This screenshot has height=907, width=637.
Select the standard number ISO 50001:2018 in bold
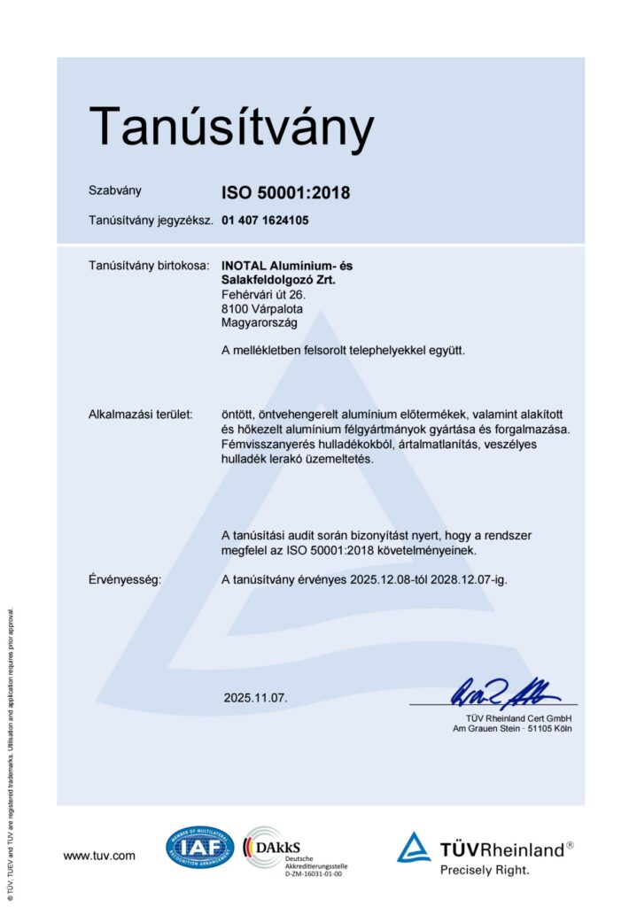click(285, 191)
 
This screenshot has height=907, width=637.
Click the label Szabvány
click(114, 190)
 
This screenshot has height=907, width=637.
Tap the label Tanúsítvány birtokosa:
click(149, 265)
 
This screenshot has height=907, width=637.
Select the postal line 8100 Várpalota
click(262, 309)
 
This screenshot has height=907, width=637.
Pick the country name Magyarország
click(260, 323)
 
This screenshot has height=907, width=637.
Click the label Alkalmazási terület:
click(142, 415)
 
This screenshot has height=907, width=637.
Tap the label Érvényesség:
click(124, 580)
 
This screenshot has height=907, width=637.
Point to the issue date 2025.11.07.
click(256, 698)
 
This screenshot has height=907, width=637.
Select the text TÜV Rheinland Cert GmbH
click(518, 717)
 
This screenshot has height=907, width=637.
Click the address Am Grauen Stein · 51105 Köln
click(512, 729)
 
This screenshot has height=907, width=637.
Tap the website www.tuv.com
click(99, 855)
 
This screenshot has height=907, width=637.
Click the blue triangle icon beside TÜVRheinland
click(414, 848)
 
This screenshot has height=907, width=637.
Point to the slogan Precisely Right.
click(485, 870)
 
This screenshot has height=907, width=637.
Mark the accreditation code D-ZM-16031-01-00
click(313, 873)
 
